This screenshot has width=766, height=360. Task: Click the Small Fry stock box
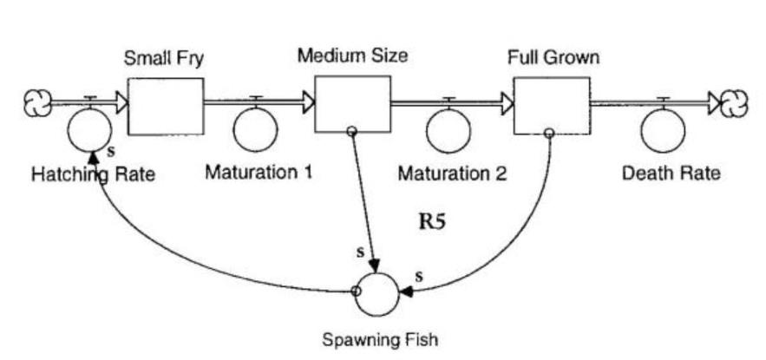(166, 106)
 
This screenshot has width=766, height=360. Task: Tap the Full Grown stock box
(551, 106)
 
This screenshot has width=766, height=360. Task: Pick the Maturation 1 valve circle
(256, 129)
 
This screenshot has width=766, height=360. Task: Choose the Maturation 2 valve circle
(448, 131)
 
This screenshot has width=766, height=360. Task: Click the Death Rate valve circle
(664, 130)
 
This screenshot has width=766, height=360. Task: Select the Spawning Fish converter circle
(376, 292)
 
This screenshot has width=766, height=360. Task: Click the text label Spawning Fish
(375, 339)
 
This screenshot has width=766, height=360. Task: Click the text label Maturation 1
(258, 172)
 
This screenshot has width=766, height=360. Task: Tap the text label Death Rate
(671, 173)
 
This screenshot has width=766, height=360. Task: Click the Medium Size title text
(352, 56)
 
